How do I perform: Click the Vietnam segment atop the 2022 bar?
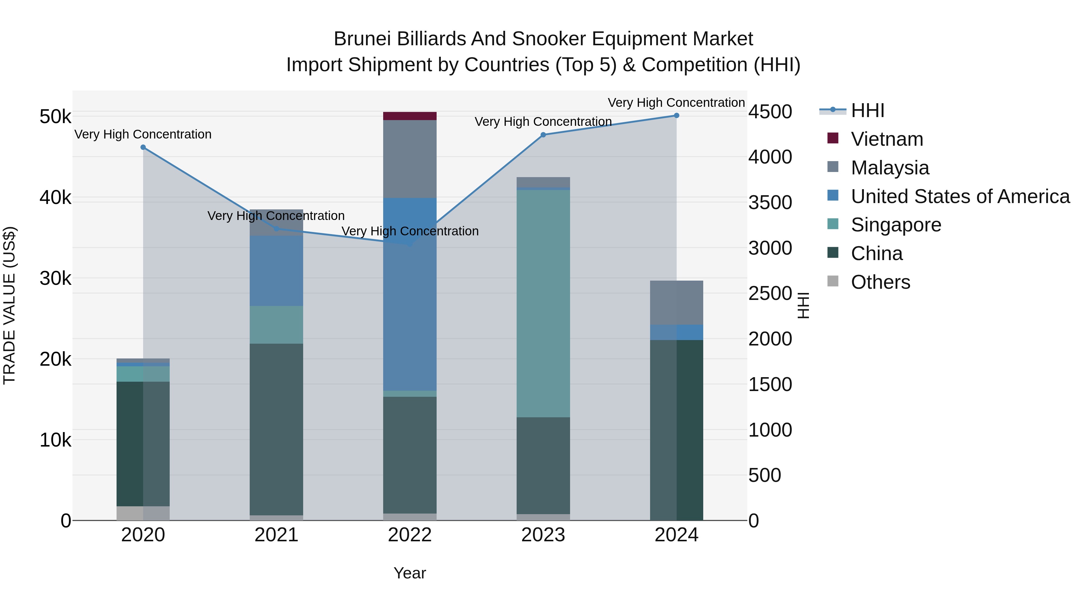click(409, 116)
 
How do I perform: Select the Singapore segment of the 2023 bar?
click(543, 304)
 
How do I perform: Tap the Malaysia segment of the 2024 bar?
click(676, 302)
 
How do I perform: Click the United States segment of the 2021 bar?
click(276, 271)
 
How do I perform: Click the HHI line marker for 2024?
click(676, 116)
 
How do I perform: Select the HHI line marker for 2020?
click(143, 147)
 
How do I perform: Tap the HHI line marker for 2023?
click(543, 135)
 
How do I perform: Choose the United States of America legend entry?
click(960, 196)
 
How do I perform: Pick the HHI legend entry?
click(867, 110)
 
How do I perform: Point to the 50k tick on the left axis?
click(55, 117)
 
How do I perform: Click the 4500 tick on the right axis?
click(770, 112)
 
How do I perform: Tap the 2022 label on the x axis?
click(409, 535)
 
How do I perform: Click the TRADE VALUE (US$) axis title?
click(9, 305)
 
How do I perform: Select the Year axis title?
click(409, 573)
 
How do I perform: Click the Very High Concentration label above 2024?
click(676, 103)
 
